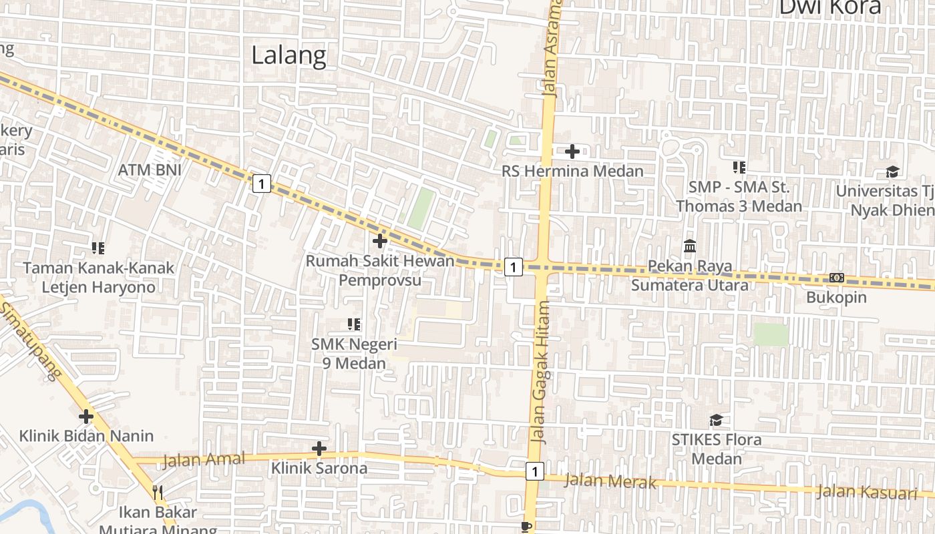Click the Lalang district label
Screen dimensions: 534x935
point(289,55)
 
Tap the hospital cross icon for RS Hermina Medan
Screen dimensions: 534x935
point(572,152)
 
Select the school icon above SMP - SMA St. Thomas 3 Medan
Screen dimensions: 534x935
point(739,167)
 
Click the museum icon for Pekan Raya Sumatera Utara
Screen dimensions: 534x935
point(690,246)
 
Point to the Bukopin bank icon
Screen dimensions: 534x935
point(837,278)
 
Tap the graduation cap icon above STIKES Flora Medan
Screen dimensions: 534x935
point(716,420)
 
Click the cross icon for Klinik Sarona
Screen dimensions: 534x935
point(319,448)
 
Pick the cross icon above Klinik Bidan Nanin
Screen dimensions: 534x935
point(86,417)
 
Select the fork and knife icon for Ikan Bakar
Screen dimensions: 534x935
point(158,493)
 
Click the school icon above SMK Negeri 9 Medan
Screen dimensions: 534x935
point(354,324)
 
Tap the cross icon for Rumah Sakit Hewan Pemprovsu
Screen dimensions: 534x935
point(380,240)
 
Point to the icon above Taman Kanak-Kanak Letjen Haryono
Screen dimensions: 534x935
point(98,248)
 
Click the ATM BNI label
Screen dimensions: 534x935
point(150,170)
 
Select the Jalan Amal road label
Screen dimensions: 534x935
point(203,459)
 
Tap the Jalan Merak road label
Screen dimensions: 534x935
point(610,481)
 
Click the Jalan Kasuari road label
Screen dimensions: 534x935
point(866,493)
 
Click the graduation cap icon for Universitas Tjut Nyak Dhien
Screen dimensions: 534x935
point(892,172)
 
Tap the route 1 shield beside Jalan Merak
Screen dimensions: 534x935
point(534,471)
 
